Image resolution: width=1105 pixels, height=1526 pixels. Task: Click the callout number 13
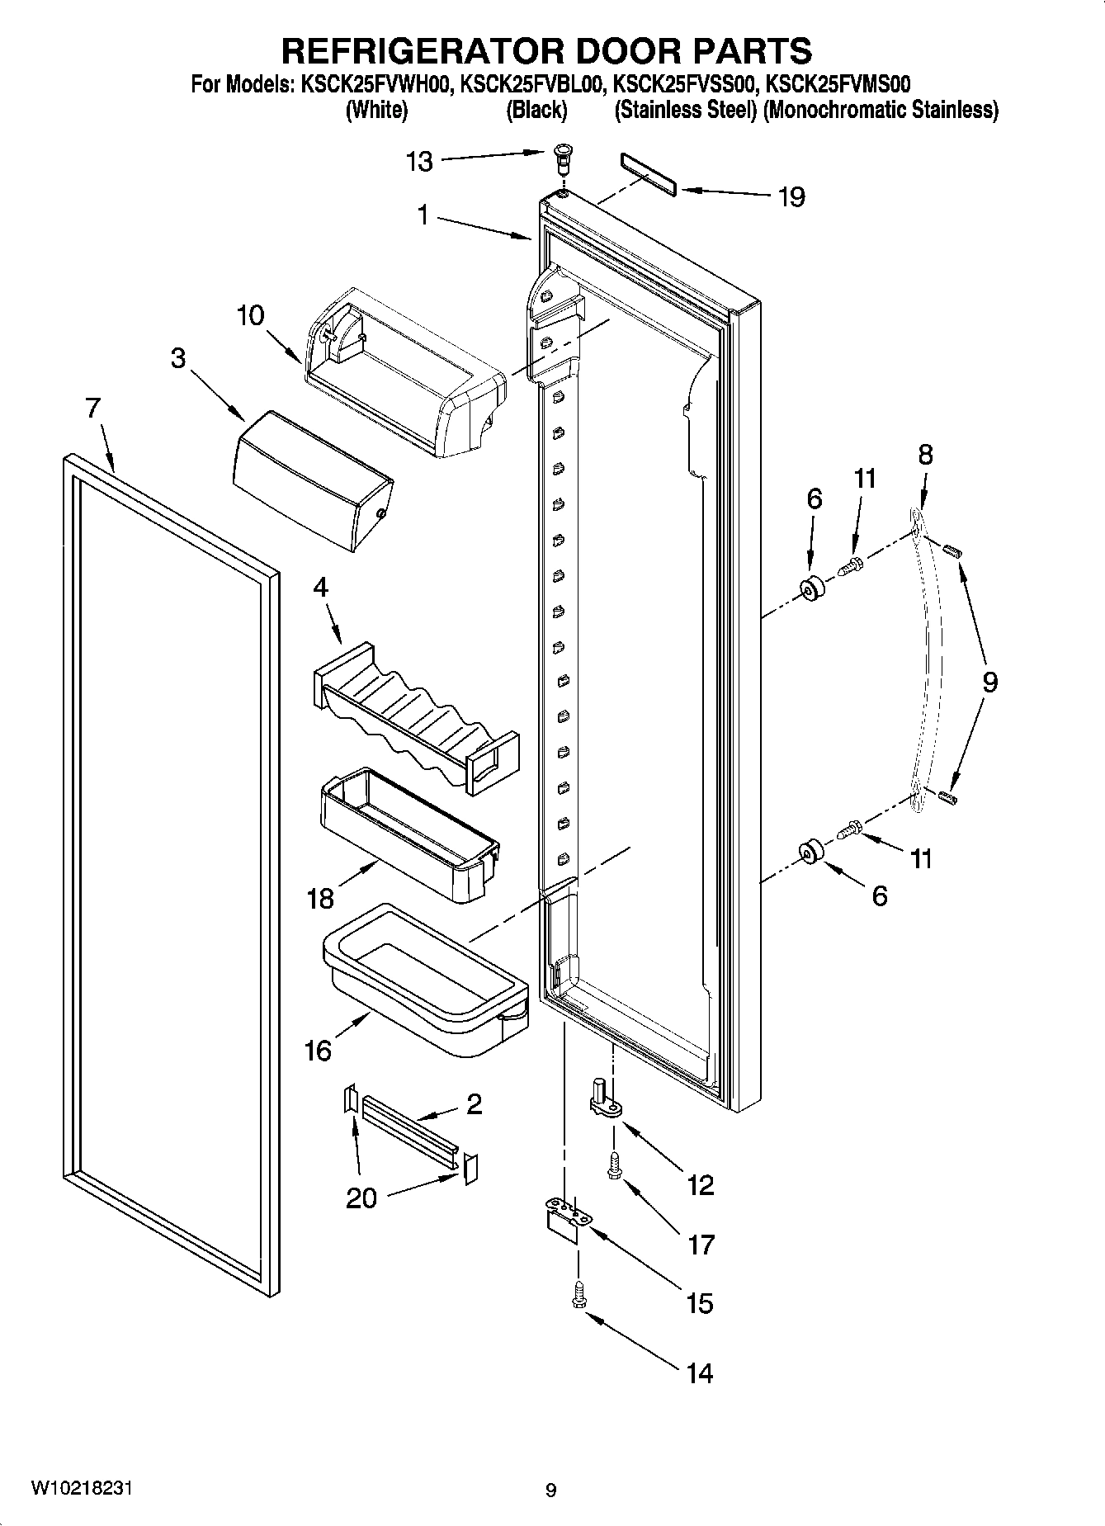[419, 161]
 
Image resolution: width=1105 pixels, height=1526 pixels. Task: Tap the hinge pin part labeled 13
[562, 157]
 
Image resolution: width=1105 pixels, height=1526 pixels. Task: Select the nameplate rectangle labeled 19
[647, 174]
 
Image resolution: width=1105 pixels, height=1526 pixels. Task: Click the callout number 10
[250, 315]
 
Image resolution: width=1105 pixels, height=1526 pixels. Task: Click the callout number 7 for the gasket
[92, 407]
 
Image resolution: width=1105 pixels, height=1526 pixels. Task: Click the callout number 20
[361, 1198]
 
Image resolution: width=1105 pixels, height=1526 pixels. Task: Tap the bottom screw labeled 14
[578, 1293]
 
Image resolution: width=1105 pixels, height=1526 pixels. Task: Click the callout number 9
[989, 682]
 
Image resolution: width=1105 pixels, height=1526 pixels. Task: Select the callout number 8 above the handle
[925, 454]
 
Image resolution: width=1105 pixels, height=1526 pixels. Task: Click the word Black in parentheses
[536, 111]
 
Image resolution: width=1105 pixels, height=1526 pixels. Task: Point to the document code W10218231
[82, 1488]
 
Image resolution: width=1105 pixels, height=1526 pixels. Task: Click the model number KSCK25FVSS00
[686, 83]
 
